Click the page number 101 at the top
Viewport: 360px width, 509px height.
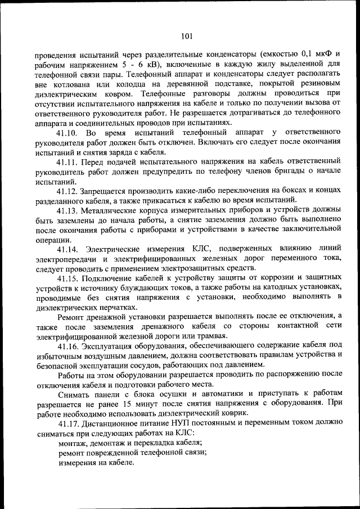click(x=187, y=37)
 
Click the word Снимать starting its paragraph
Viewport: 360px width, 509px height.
click(x=75, y=394)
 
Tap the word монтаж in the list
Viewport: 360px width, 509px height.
click(x=73, y=443)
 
